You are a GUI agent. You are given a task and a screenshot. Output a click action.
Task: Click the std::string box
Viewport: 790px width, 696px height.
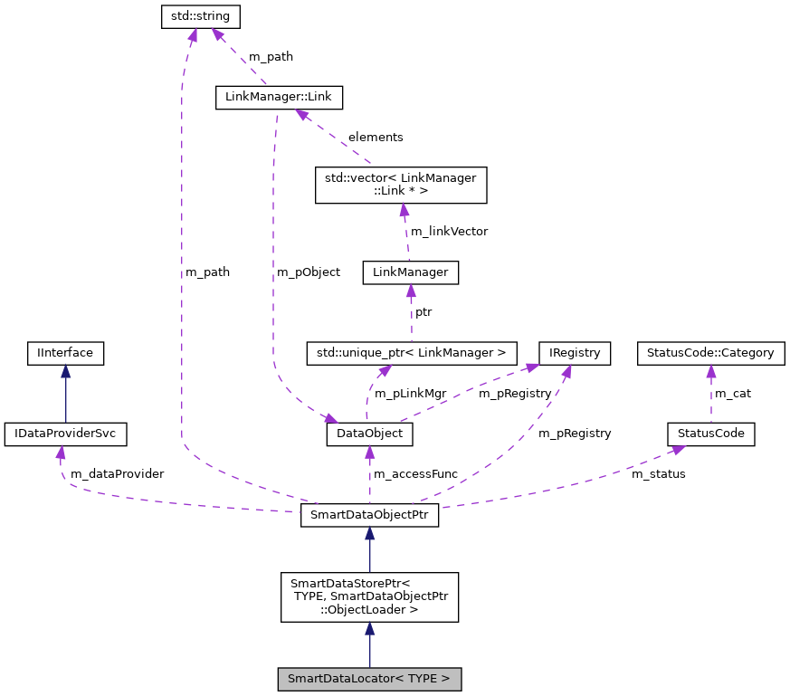point(201,16)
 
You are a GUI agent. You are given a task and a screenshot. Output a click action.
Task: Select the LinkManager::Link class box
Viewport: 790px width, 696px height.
point(279,97)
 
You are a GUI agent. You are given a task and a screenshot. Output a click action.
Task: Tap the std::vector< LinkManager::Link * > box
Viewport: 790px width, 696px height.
point(399,185)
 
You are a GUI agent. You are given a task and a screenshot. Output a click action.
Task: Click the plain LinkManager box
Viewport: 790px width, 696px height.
point(410,272)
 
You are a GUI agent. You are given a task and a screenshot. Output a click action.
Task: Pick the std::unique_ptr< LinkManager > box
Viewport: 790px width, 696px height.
point(412,353)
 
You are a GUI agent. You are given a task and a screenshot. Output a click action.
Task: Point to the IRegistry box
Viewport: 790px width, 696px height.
point(574,353)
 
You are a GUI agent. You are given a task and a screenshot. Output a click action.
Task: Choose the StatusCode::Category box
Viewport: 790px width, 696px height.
point(710,353)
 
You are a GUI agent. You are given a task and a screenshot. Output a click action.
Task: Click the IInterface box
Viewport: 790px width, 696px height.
point(65,353)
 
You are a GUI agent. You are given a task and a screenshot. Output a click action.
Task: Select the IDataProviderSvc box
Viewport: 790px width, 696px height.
point(65,434)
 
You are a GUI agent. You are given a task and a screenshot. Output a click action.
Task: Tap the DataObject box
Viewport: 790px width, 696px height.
point(369,434)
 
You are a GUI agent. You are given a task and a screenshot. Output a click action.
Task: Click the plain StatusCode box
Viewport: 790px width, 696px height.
point(710,434)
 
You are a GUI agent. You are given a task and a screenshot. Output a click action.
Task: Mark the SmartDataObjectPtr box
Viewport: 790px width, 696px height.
point(369,517)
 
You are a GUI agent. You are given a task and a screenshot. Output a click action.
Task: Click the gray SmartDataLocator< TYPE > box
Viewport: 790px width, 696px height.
point(369,678)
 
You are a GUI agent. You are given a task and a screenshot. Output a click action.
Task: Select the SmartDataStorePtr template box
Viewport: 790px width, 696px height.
point(369,597)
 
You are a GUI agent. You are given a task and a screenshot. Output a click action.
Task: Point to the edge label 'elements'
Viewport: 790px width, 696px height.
point(376,137)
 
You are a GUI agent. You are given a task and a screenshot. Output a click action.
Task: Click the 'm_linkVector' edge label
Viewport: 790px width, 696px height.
point(449,231)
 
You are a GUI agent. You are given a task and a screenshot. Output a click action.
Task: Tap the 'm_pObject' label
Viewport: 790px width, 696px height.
point(309,272)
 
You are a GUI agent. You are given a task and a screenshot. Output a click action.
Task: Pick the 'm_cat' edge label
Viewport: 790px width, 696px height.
point(733,393)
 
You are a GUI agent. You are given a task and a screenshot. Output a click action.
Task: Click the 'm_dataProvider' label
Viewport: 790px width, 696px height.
point(117,473)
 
